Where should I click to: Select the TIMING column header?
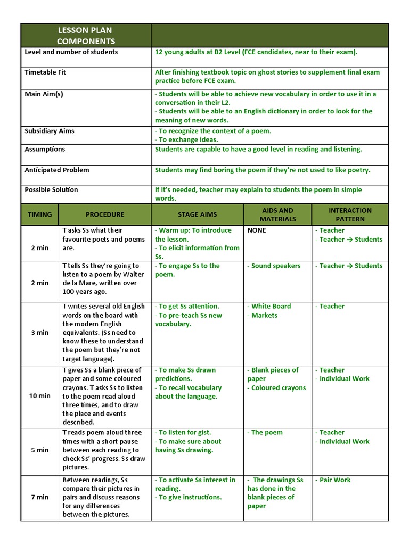pos(40,214)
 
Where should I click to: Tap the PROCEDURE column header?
pos(105,214)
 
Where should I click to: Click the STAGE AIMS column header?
pos(197,214)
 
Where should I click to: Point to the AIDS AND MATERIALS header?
pos(277,214)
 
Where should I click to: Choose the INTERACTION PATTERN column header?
pos(350,214)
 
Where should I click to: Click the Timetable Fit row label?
pos(45,72)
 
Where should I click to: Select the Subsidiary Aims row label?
pos(50,131)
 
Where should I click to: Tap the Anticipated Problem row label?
pos(57,170)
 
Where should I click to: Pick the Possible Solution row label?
pos(51,190)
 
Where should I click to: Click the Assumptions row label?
pos(45,150)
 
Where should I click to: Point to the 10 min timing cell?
pos(40,396)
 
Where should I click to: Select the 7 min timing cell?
pos(40,497)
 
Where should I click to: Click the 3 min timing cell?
pos(40,333)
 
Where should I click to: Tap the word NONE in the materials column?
pos(257,230)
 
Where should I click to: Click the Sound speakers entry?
pos(275,266)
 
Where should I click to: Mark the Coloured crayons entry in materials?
pos(278,388)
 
